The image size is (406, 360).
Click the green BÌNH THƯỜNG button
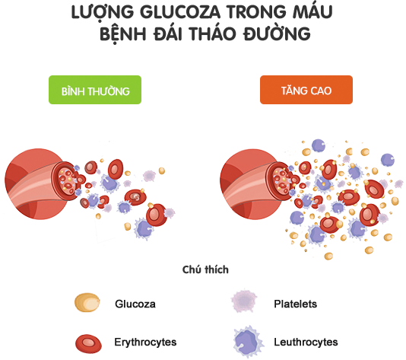[95, 90]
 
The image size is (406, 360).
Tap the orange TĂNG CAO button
[306, 90]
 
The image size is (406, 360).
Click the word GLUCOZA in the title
[180, 12]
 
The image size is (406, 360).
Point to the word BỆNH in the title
[123, 33]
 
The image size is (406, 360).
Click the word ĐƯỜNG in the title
[277, 33]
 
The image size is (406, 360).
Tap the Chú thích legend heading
[205, 269]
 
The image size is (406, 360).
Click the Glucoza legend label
[135, 304]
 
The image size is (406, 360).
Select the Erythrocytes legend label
[145, 342]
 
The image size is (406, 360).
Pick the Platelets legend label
[296, 304]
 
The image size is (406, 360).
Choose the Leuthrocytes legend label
[306, 342]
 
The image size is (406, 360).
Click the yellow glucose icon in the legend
[87, 302]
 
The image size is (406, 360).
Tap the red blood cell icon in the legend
[88, 344]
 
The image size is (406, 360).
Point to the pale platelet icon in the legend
[244, 301]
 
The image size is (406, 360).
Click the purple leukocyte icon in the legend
[248, 342]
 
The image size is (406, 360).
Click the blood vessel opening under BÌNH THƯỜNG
[66, 180]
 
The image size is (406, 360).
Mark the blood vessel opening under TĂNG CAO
[281, 180]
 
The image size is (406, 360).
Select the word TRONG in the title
[256, 12]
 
